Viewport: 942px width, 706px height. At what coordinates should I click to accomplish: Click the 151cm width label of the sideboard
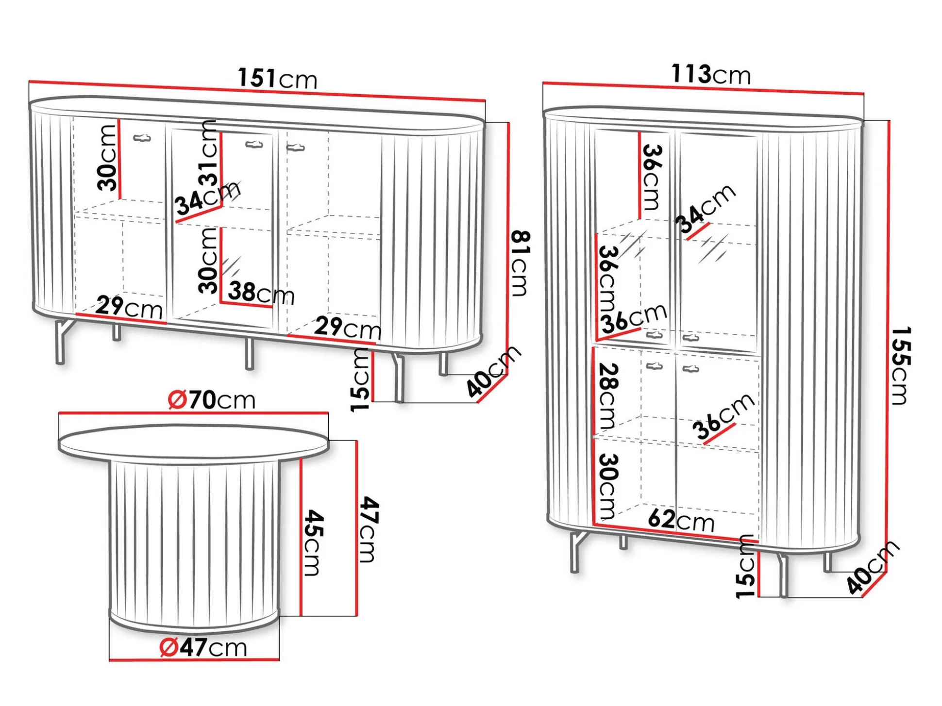click(278, 78)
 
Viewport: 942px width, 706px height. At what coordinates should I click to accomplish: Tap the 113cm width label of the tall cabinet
click(711, 75)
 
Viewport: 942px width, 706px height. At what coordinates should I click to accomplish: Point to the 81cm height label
click(521, 263)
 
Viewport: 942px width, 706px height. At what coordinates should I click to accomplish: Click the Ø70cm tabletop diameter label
click(212, 400)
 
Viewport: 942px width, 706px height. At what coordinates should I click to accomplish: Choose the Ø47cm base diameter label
click(203, 647)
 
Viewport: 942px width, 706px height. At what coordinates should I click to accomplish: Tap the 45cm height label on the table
click(314, 542)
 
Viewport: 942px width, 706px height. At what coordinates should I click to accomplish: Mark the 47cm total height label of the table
click(370, 529)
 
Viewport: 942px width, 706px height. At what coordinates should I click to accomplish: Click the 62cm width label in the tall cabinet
click(681, 521)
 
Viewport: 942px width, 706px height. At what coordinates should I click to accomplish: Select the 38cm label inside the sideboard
click(261, 293)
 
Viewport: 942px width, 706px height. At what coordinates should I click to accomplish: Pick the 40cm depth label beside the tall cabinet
click(873, 567)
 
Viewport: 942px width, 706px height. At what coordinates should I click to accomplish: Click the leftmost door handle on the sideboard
click(142, 138)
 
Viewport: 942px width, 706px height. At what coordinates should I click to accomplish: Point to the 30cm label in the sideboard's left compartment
click(107, 157)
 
